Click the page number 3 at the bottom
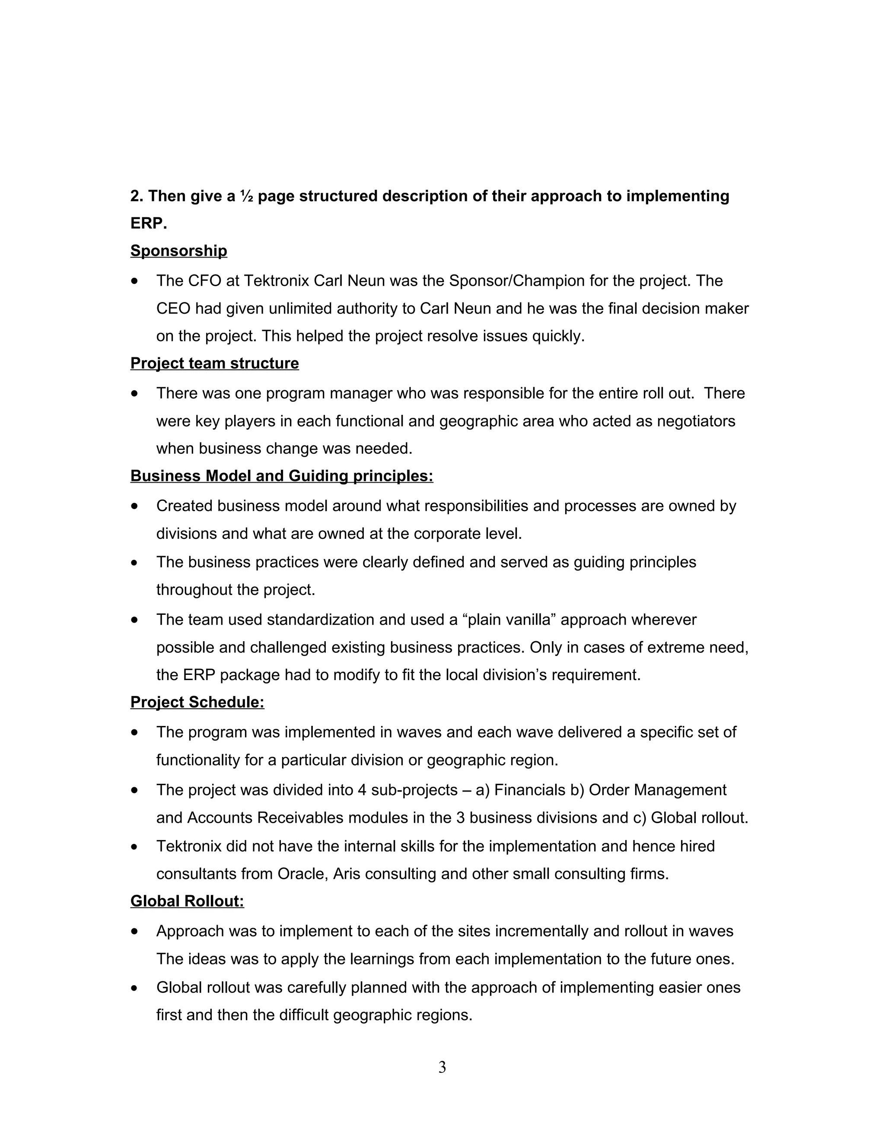[x=442, y=1067]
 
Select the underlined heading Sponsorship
[x=178, y=251]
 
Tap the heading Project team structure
[x=214, y=363]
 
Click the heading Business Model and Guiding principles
[x=282, y=476]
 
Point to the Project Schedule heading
[x=197, y=702]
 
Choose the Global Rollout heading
[x=187, y=901]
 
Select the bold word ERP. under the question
[x=148, y=223]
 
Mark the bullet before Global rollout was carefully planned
[x=135, y=988]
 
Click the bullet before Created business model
[x=135, y=506]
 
